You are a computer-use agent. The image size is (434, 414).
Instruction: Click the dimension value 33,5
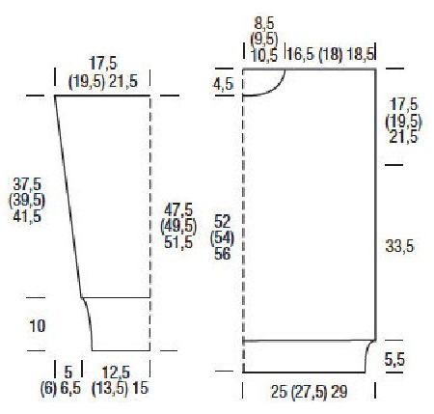(x=399, y=247)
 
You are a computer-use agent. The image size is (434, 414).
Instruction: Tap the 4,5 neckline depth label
(x=223, y=84)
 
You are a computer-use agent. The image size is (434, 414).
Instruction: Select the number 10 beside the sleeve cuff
(x=38, y=326)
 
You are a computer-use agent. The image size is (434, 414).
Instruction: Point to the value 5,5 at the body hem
(x=394, y=359)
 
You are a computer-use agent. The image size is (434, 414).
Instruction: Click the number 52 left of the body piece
(x=223, y=222)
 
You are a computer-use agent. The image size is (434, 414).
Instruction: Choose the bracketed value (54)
(x=222, y=238)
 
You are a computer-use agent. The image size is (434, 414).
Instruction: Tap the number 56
(x=223, y=254)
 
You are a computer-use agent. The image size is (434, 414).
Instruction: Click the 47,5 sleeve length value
(x=178, y=210)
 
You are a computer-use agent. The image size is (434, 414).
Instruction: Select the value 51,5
(x=178, y=242)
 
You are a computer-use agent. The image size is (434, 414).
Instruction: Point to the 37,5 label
(x=27, y=184)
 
